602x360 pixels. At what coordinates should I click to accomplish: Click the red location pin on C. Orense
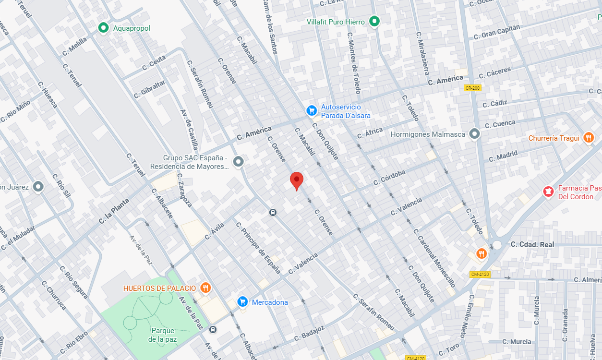[x=297, y=180]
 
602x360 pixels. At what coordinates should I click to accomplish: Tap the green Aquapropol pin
[x=103, y=28]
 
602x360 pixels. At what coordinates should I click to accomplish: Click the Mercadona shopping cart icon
[x=242, y=301]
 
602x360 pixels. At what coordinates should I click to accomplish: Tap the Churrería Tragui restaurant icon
[x=589, y=138]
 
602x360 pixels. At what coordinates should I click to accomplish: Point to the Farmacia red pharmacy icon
[x=547, y=192]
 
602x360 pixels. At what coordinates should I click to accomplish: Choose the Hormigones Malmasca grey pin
[x=474, y=134]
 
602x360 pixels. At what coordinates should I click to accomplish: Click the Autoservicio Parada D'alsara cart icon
[x=312, y=111]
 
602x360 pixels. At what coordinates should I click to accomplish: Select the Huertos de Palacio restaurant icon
[x=205, y=288]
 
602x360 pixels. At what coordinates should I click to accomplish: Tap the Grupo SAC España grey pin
[x=238, y=162]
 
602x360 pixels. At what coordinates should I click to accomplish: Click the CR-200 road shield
[x=472, y=88]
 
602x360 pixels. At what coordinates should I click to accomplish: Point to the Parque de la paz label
[x=162, y=335]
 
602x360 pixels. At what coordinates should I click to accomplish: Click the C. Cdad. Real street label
[x=532, y=244]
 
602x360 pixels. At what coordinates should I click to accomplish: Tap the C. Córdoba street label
[x=389, y=177]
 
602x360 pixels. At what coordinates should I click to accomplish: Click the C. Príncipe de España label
[x=258, y=247]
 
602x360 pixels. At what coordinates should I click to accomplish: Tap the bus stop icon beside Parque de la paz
[x=213, y=329]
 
